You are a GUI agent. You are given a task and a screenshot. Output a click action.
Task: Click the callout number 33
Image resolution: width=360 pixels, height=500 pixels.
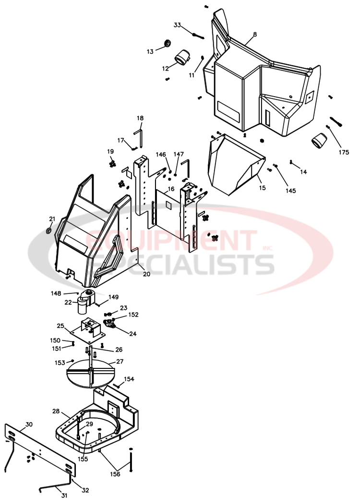coord(178,25)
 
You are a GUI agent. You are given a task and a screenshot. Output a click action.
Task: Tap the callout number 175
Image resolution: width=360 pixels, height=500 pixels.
coord(343,152)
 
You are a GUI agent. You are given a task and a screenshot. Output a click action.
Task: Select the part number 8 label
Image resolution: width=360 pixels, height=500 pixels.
coord(255,34)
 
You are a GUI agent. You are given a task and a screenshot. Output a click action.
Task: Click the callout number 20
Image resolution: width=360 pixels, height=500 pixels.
coord(146,274)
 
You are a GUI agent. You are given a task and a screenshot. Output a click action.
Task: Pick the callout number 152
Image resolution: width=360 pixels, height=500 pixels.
coord(133,315)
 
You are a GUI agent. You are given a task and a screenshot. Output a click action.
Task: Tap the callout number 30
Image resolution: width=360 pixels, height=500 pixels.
coord(29,424)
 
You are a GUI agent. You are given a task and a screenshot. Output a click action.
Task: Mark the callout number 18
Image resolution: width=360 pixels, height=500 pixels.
coord(140,118)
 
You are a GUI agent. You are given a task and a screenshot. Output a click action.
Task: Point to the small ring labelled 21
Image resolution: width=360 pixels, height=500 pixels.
coord(49,232)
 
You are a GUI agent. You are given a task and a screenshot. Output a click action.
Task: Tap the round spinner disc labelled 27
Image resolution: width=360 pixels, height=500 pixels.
coord(90,373)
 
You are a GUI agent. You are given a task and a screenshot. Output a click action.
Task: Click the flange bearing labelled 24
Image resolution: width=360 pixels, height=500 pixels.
coord(111,324)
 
